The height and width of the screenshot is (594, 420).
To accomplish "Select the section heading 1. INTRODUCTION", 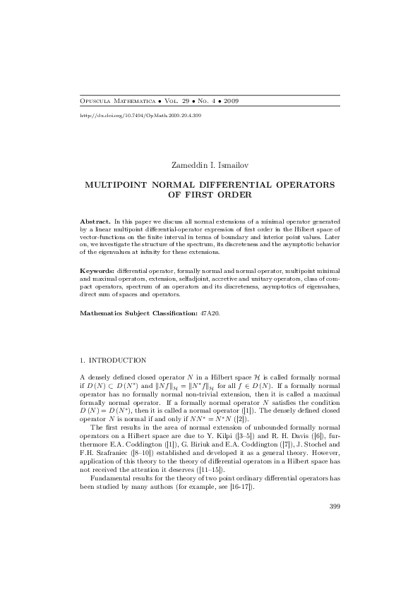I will [113, 360].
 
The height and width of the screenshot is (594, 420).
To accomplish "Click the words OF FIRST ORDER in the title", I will [210, 194].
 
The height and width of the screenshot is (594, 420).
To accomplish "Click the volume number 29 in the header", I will [184, 102].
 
